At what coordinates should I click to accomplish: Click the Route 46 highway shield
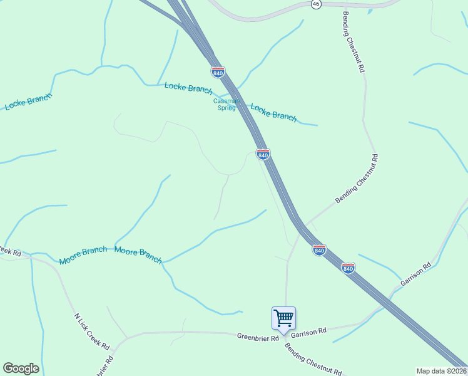pos(316,4)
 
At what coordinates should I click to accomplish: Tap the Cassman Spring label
pos(225,104)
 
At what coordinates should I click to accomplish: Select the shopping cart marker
pos(283,318)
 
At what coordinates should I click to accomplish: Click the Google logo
pos(21,368)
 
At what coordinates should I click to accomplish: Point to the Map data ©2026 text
pos(442,371)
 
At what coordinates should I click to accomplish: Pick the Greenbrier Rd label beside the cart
pos(258,337)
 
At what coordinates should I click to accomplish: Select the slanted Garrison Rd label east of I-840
pos(415,274)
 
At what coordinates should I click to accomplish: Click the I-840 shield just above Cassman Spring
pos(218,72)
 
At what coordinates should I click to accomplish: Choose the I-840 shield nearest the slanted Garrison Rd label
pos(348,268)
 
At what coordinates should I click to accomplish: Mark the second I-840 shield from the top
pos(263,154)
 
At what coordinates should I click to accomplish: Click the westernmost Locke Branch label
pos(28,102)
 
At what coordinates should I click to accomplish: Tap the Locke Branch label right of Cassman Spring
pos(273,112)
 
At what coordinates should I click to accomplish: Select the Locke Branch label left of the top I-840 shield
pos(188,88)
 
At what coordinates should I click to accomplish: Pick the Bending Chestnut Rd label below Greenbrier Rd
pos(313,359)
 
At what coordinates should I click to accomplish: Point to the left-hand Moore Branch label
pos(83,256)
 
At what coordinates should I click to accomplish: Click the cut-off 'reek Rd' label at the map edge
pos(11,253)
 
